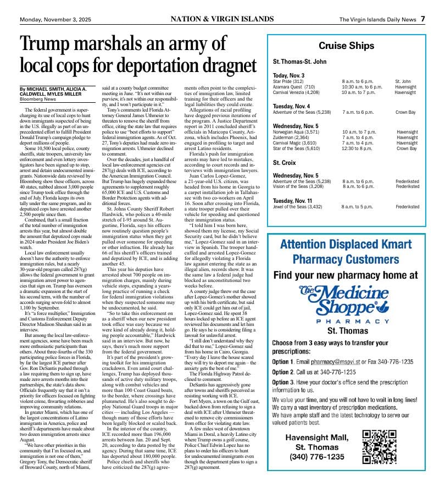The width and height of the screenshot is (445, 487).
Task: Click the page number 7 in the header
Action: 423,19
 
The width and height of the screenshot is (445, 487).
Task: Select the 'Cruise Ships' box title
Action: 346,46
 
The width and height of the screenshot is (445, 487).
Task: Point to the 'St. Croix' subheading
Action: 285,163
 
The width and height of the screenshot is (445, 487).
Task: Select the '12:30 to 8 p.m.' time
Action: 357,148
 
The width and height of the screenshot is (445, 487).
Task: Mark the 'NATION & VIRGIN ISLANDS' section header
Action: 222,19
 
